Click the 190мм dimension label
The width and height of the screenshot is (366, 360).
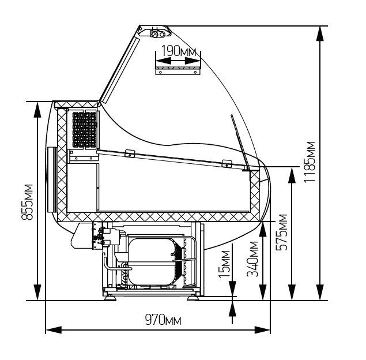click(179, 51)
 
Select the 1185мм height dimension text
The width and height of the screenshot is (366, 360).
click(310, 162)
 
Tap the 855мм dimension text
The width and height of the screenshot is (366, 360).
click(27, 202)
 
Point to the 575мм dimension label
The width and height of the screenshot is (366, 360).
click(282, 232)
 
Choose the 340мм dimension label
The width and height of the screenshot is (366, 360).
click(253, 259)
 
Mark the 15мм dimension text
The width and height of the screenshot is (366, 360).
click(225, 264)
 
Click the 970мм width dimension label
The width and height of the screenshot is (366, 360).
click(163, 320)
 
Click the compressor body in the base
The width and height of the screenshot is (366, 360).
click(151, 261)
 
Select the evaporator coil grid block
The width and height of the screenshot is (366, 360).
click(84, 130)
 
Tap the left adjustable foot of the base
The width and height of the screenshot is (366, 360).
click(110, 297)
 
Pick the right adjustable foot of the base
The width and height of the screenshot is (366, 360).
click(193, 297)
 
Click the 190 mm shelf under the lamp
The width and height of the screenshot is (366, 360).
click(178, 71)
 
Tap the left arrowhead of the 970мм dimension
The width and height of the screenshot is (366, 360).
click(54, 330)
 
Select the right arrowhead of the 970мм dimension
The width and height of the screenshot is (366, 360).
click(262, 330)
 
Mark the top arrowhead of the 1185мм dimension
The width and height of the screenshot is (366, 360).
click(320, 33)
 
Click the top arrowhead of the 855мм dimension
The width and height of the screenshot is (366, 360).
click(37, 110)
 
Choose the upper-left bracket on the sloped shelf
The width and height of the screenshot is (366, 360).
click(130, 153)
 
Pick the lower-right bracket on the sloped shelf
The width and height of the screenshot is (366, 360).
click(227, 163)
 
